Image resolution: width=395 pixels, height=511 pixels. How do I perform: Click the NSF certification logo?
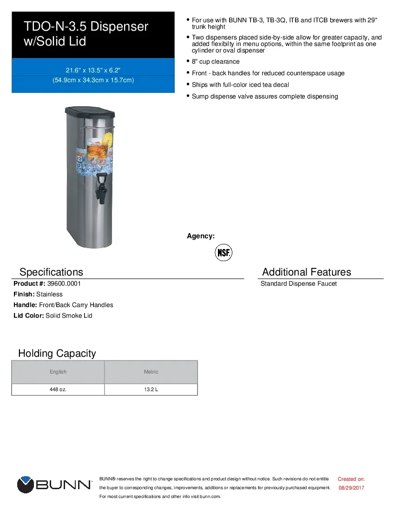(x=223, y=253)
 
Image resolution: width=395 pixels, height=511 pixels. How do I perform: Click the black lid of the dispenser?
(x=89, y=111)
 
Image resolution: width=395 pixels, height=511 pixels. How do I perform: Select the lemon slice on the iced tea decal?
(x=108, y=139)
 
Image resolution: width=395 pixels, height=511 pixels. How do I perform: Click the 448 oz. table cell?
(x=58, y=389)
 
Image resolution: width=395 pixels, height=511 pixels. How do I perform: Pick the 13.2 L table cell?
(x=151, y=389)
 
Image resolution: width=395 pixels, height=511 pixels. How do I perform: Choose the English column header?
(x=58, y=372)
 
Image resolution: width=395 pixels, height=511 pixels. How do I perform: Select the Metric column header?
(x=151, y=372)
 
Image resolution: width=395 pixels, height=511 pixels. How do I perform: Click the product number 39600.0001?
(x=60, y=283)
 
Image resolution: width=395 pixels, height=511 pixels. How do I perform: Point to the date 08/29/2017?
(x=351, y=488)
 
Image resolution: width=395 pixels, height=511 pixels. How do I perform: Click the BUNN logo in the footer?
(x=54, y=485)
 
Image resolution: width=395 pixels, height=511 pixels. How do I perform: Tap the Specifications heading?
(x=51, y=272)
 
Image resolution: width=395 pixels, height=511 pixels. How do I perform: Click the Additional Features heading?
(x=306, y=272)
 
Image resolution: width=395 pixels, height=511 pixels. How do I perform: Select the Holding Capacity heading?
(x=57, y=353)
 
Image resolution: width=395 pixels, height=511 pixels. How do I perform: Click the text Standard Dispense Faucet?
(x=298, y=283)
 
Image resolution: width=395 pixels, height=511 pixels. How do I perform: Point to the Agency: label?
(x=201, y=236)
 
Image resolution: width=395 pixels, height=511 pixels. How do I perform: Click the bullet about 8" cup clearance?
(x=216, y=62)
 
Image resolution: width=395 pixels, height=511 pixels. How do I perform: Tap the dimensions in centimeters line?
(x=93, y=80)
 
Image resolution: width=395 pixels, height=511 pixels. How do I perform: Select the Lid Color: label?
(x=29, y=315)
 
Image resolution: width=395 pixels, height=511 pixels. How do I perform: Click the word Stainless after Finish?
(x=49, y=294)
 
